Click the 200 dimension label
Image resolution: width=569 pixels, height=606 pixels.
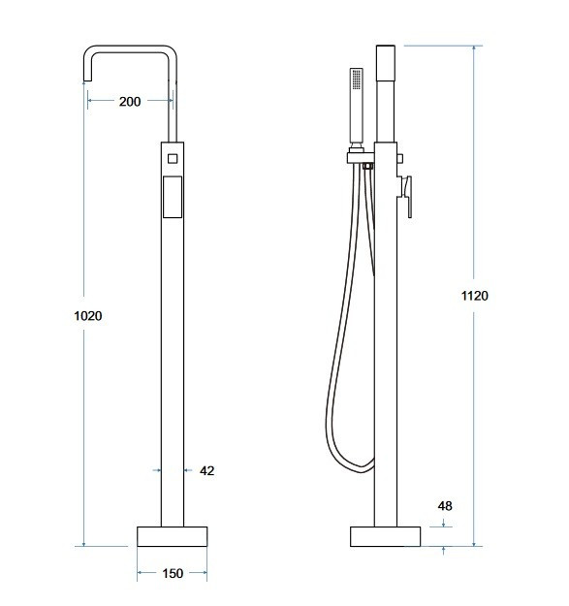pos(130,102)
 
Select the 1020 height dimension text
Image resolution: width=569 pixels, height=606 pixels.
pos(88,316)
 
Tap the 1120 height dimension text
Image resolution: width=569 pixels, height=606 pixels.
pos(475,296)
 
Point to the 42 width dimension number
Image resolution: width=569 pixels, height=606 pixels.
pos(207,470)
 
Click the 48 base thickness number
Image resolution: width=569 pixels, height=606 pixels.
pos(445,505)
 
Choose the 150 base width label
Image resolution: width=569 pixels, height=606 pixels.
pos(173,573)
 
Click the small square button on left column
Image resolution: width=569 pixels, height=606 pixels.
pos(173,158)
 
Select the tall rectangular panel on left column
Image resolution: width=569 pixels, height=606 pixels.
pos(173,197)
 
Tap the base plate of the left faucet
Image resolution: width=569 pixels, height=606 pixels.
pos(173,536)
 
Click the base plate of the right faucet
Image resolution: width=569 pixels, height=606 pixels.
pos(385,536)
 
